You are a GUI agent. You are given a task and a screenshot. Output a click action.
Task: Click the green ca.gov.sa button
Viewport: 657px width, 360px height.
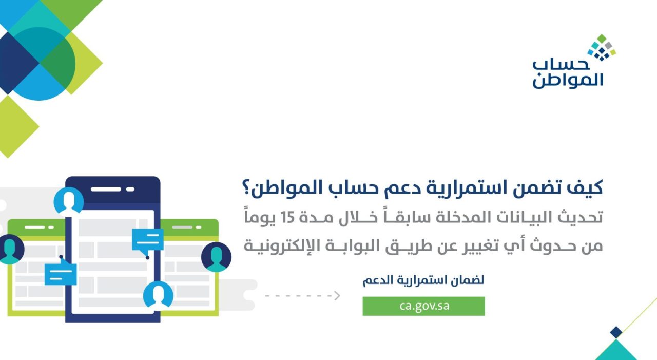point(423,306)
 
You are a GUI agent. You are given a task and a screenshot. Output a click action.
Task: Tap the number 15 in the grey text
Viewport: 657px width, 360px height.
point(287,217)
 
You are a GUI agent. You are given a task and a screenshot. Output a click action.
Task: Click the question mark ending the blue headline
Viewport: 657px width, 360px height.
point(246,188)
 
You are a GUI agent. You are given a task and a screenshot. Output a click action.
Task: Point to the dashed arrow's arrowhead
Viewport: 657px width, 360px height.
point(337,295)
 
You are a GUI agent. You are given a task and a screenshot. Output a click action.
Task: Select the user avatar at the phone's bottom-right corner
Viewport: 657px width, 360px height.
point(158,295)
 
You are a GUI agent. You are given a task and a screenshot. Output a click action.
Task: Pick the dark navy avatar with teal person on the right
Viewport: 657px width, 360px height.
point(216,257)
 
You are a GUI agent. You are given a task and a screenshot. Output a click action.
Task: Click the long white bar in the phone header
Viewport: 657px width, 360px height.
point(106,189)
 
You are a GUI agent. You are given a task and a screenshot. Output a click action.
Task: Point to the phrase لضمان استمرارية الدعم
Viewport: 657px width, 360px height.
point(423,280)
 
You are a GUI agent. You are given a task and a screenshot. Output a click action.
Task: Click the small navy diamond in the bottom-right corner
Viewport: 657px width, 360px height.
point(616,332)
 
